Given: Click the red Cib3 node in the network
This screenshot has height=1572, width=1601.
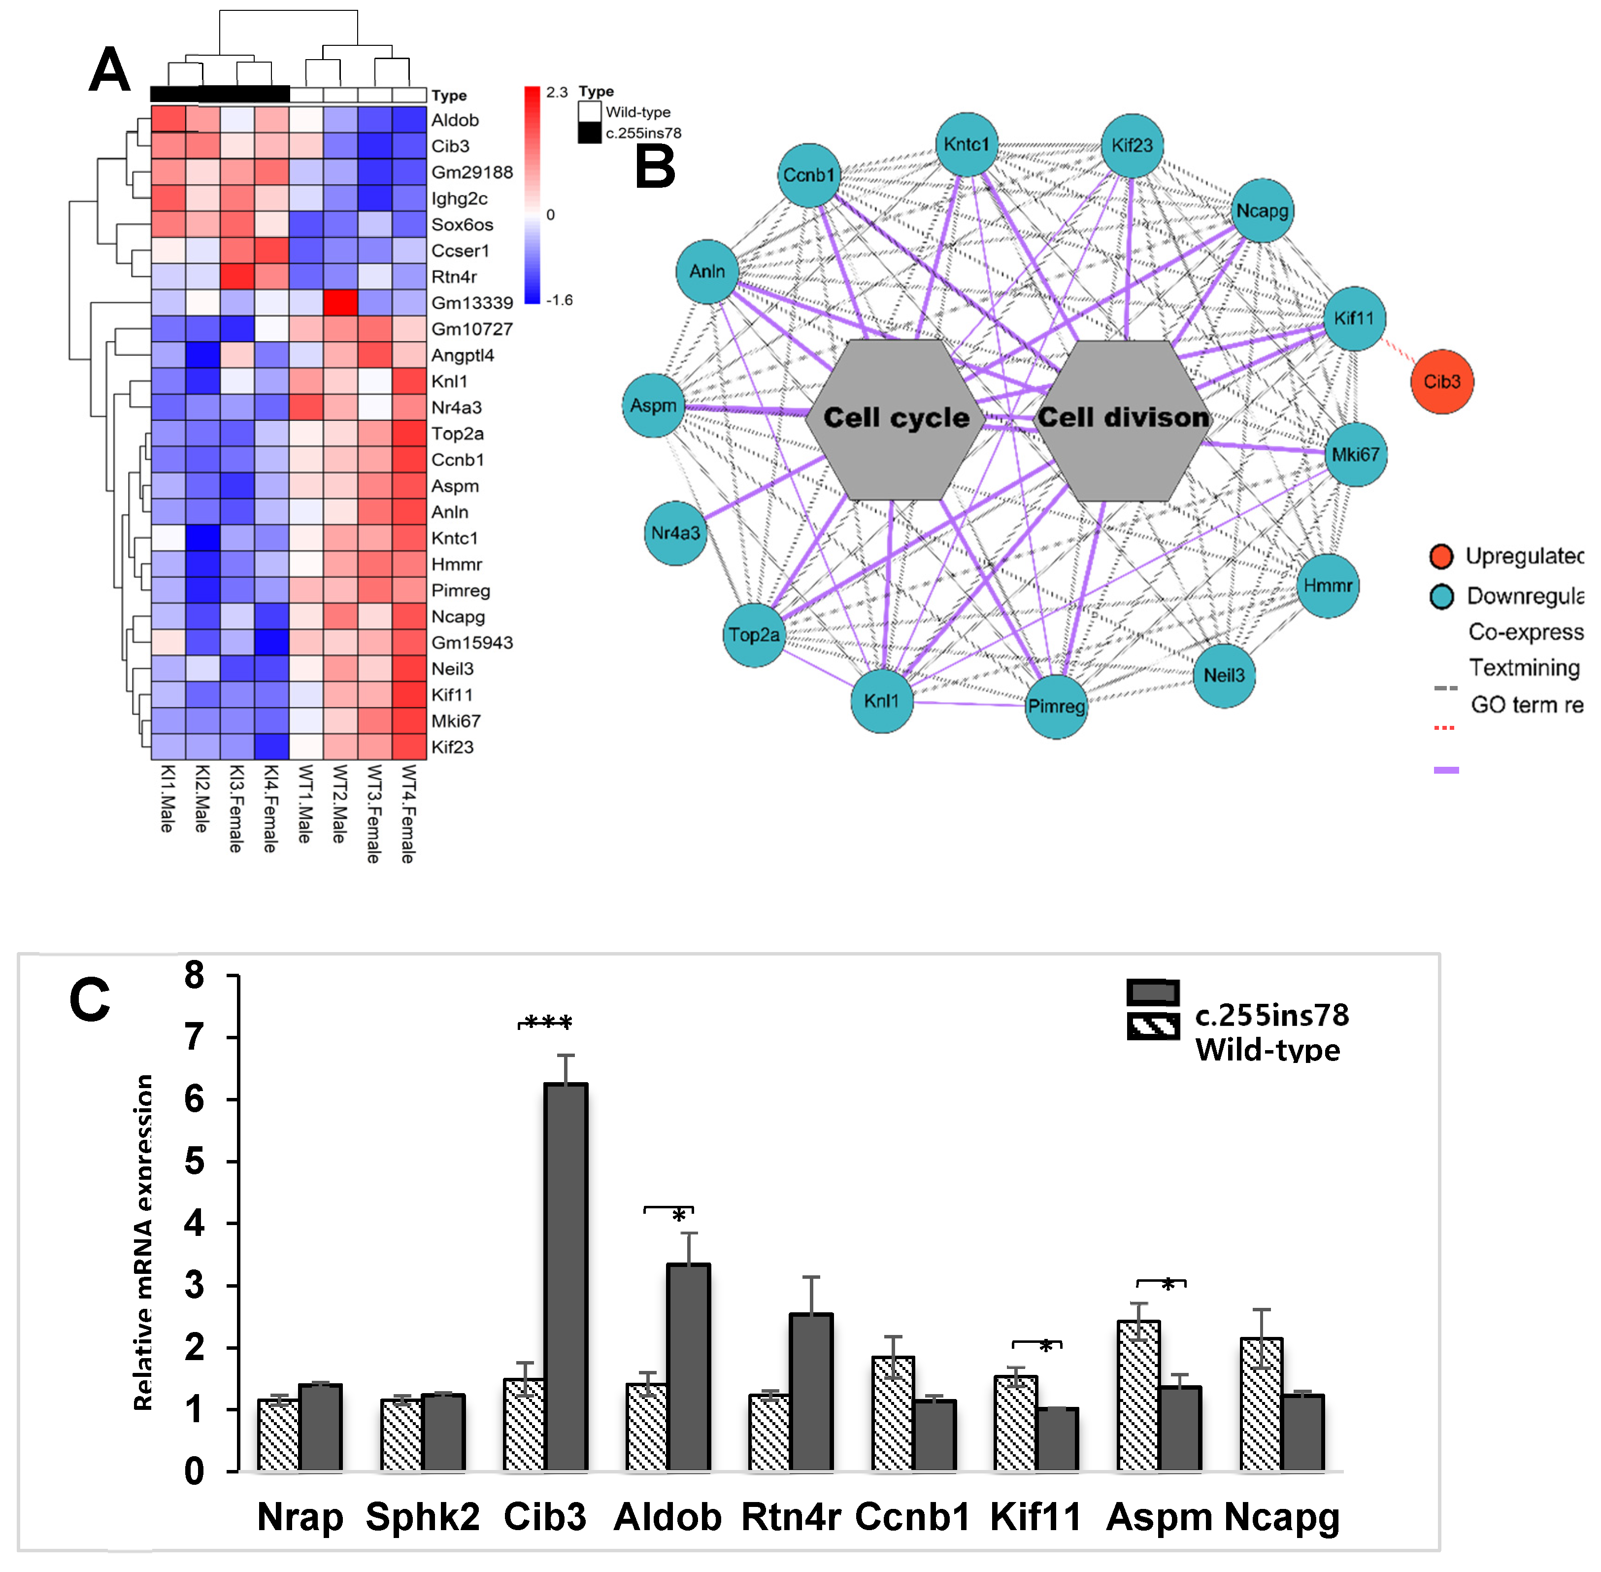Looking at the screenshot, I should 1441,381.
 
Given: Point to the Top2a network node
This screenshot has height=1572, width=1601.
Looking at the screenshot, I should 754,635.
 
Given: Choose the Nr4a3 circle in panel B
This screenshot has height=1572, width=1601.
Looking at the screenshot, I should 675,533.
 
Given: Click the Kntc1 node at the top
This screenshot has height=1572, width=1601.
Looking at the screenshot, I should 967,144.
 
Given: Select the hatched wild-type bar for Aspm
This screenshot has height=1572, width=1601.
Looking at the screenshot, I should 1138,1395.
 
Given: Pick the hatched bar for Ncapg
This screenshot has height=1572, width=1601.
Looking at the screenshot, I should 1261,1403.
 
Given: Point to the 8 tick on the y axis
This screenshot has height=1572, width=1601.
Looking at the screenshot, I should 195,976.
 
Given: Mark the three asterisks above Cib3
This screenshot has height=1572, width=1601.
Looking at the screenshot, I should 546,1022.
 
